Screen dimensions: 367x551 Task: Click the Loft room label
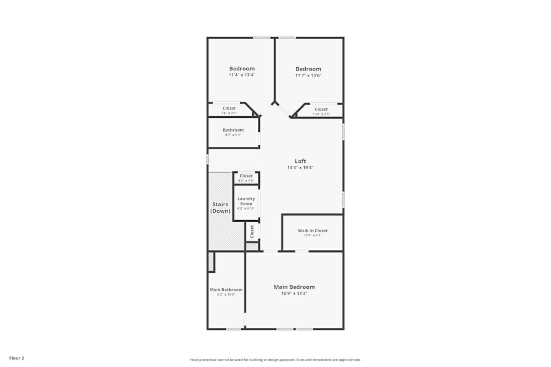click(300, 161)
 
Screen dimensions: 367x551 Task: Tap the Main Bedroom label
click(294, 287)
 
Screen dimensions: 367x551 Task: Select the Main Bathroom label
click(226, 289)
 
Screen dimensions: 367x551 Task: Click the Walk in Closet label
click(312, 231)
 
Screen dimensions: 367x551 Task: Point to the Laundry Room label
click(246, 201)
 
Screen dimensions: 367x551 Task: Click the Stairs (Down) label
click(220, 207)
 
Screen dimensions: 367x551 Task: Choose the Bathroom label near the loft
click(233, 130)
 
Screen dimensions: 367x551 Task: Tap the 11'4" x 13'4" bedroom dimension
click(242, 75)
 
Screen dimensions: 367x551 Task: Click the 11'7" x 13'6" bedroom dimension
click(308, 75)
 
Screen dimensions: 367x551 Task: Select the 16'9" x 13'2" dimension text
click(294, 293)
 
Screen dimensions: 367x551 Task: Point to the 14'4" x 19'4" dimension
click(300, 167)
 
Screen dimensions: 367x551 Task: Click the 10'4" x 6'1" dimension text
click(312, 235)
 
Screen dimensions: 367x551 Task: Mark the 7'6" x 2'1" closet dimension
click(229, 113)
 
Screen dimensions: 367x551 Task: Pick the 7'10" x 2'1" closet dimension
click(321, 114)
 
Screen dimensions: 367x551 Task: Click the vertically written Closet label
click(252, 231)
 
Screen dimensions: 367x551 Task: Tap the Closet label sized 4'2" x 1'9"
click(246, 176)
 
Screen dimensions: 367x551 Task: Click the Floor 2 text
click(17, 358)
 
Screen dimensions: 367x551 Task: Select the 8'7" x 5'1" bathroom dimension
click(233, 135)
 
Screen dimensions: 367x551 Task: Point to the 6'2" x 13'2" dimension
click(226, 294)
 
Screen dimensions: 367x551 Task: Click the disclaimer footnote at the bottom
click(275, 359)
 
